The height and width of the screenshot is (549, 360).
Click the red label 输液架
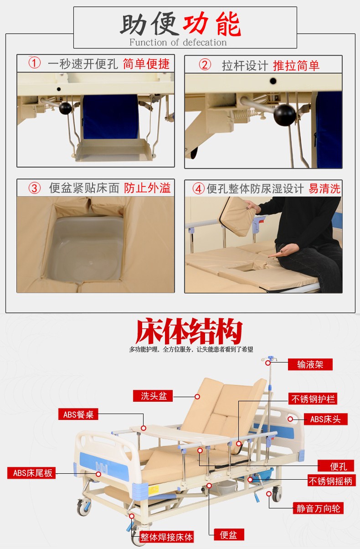pyautogui.click(x=310, y=364)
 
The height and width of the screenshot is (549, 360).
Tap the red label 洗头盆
pyautogui.click(x=153, y=396)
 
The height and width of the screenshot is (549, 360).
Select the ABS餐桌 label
pyautogui.click(x=78, y=414)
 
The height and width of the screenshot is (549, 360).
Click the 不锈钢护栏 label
pyautogui.click(x=313, y=399)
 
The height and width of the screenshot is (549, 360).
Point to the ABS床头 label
pyautogui.click(x=326, y=419)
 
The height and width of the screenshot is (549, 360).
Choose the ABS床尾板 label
pyautogui.click(x=31, y=473)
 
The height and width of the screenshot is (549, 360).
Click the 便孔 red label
pyautogui.click(x=336, y=466)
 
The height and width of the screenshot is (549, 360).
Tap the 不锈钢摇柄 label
pyautogui.click(x=332, y=480)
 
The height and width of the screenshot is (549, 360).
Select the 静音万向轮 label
pyautogui.click(x=318, y=508)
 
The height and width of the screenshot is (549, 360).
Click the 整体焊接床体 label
pyautogui.click(x=166, y=537)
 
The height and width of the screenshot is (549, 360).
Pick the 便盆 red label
pyautogui.click(x=229, y=534)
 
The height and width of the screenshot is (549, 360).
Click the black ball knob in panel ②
pyautogui.click(x=284, y=115)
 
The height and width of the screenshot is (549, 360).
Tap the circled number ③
pyautogui.click(x=34, y=188)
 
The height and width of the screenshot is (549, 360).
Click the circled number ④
pyautogui.click(x=198, y=189)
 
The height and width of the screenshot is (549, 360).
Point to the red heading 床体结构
pyautogui.click(x=189, y=331)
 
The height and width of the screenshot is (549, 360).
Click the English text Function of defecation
pyautogui.click(x=178, y=42)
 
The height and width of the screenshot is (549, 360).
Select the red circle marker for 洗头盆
pyautogui.click(x=197, y=396)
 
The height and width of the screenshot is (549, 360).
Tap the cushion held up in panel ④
pyautogui.click(x=237, y=217)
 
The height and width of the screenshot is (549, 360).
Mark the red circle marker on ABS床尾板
pyautogui.click(x=98, y=474)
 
